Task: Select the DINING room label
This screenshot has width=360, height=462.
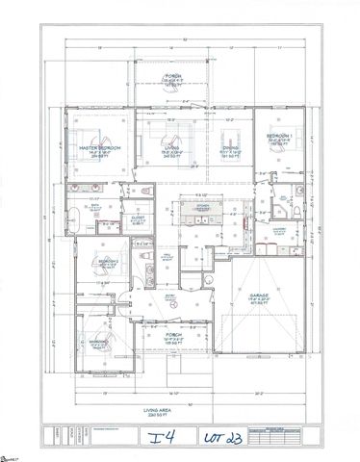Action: [231, 147]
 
